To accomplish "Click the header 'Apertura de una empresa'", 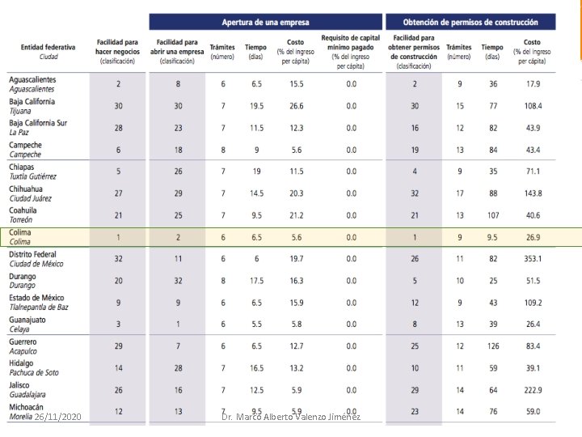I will point(265,22).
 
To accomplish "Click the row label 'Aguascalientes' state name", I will point(32,79).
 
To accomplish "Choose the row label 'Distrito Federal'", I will point(34,254).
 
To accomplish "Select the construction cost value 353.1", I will point(532,259).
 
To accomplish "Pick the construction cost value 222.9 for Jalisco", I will point(532,390).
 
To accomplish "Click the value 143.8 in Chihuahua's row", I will point(532,193).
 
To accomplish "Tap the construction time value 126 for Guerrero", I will point(492,346).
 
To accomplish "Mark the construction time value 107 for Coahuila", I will point(492,215).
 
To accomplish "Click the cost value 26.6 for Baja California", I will point(297,106).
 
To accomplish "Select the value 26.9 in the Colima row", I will point(532,237).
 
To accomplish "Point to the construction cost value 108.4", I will point(532,106).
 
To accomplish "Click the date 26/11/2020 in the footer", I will point(57,417).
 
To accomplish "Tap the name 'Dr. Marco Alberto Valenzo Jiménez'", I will point(291,417).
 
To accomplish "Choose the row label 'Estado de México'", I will point(37,298).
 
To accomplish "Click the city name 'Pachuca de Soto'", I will point(34,373).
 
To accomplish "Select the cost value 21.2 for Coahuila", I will point(297,215).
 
